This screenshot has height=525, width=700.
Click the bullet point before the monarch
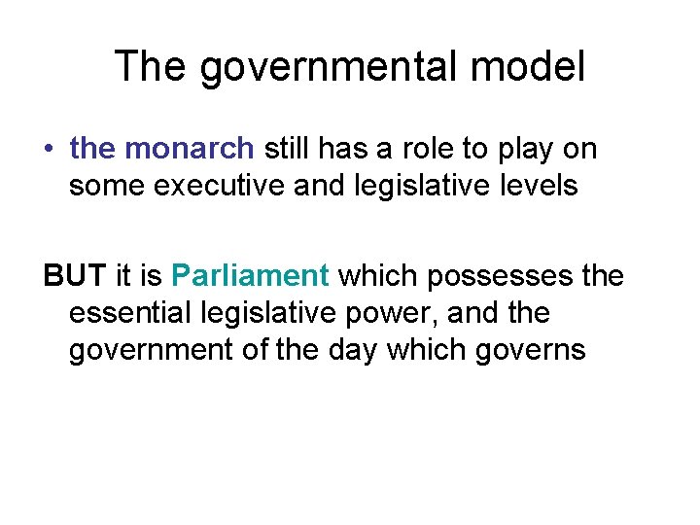click(x=48, y=150)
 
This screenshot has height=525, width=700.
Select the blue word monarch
click(x=190, y=149)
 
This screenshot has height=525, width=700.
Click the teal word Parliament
click(x=251, y=276)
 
